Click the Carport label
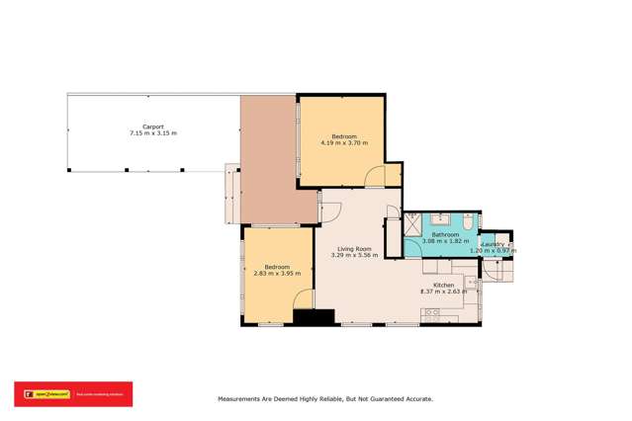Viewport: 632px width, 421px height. (152, 126)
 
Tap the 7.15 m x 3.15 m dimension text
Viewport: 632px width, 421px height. (152, 133)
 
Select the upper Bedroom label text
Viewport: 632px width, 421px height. (344, 136)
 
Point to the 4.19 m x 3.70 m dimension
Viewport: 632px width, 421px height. (344, 143)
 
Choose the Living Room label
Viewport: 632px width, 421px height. (354, 248)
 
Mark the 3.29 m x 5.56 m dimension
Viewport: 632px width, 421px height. (354, 255)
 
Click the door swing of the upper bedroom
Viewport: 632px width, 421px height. (377, 176)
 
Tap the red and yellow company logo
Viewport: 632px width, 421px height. (72, 392)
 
